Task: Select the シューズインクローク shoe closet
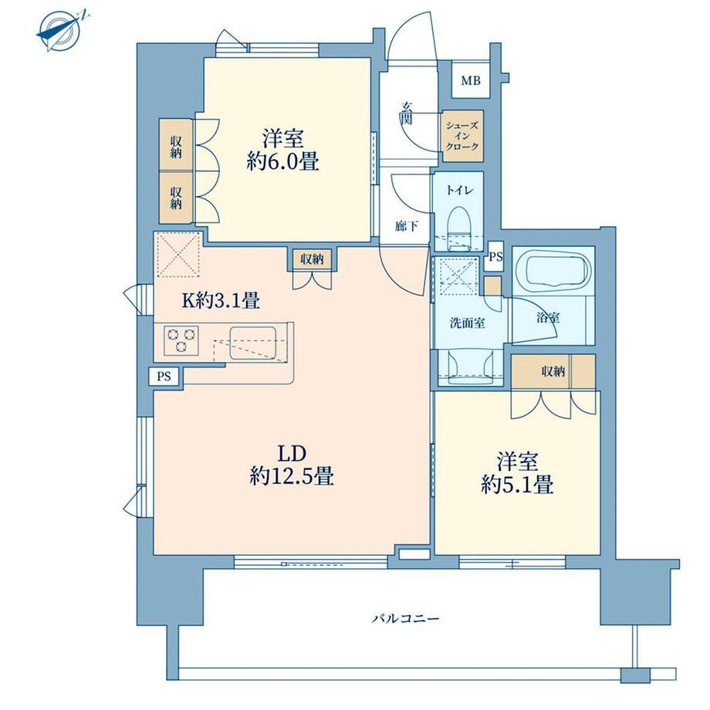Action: pyautogui.click(x=462, y=136)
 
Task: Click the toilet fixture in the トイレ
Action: pyautogui.click(x=460, y=228)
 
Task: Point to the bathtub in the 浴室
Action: pyautogui.click(x=553, y=272)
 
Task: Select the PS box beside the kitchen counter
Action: pyautogui.click(x=164, y=377)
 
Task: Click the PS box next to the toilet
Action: pyautogui.click(x=495, y=257)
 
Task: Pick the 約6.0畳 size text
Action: pyautogui.click(x=282, y=161)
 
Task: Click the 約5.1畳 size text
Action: pyautogui.click(x=517, y=486)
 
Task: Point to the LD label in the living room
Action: pyautogui.click(x=292, y=453)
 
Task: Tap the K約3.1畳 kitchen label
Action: pyautogui.click(x=221, y=300)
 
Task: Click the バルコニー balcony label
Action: pyautogui.click(x=405, y=618)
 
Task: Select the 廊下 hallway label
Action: pyautogui.click(x=406, y=226)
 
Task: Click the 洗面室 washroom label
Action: pyautogui.click(x=468, y=323)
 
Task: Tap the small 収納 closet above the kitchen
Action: pyautogui.click(x=312, y=259)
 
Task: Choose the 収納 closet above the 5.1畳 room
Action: pyautogui.click(x=553, y=371)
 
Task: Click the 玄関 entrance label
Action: pyautogui.click(x=406, y=113)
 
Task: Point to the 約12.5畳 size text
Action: pyautogui.click(x=292, y=476)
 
